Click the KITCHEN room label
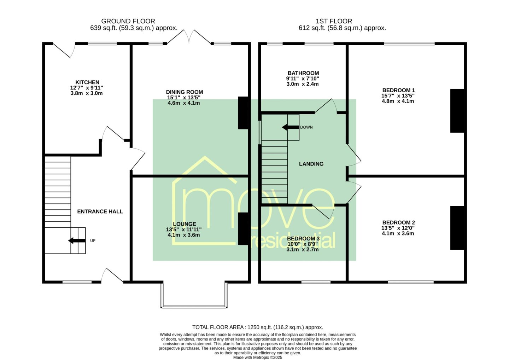87,82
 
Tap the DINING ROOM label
184,92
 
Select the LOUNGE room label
184,224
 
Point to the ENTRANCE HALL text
100,211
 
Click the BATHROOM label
303,73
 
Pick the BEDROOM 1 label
399,90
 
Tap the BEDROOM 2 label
399,222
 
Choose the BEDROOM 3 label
303,239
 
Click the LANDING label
311,164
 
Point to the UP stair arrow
77,240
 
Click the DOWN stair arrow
291,127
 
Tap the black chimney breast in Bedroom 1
457,111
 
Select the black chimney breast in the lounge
243,229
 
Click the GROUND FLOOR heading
128,21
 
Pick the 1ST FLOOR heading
334,21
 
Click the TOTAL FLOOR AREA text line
258,327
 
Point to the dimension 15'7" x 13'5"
398,96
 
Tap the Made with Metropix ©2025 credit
258,358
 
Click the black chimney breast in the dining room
243,113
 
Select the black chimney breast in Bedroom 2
457,228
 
